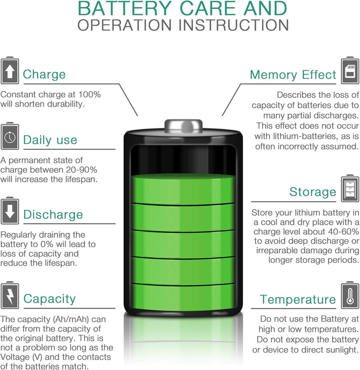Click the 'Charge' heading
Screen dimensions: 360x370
coord(44,74)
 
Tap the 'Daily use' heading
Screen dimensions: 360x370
coord(50,140)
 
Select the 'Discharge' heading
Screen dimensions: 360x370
coord(53,215)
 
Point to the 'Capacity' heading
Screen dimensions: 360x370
coord(49,299)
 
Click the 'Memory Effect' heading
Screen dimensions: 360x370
coord(293,75)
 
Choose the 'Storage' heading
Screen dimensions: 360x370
coord(313,192)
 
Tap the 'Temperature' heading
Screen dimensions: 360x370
coord(298,300)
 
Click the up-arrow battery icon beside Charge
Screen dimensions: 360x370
coord(9,70)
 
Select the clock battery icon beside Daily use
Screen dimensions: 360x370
coord(9,136)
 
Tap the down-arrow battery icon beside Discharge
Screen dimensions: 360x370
coord(9,211)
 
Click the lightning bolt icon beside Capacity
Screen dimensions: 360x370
coord(9,295)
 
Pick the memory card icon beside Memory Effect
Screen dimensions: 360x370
coord(350,70)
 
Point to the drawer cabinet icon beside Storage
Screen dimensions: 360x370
coord(350,188)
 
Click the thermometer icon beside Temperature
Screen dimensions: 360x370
coord(350,295)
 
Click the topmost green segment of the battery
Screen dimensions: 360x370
coord(183,189)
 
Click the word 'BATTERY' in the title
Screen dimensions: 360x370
coord(124,8)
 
